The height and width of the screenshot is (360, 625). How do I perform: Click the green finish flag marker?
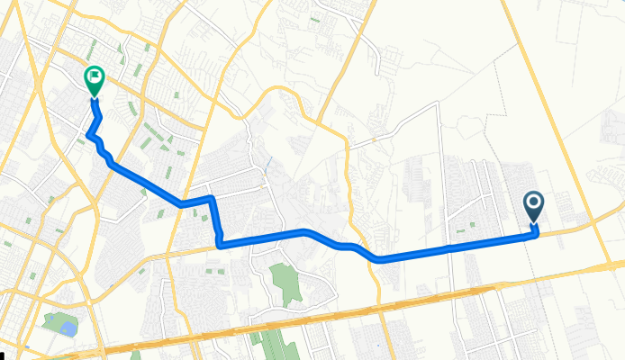[x=94, y=80]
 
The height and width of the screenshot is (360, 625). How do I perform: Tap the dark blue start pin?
[x=533, y=206]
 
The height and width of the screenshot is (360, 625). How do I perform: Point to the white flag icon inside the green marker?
[x=94, y=77]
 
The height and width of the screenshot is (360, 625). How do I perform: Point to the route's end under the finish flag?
[x=93, y=101]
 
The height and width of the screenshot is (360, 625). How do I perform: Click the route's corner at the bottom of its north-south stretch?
[x=220, y=244]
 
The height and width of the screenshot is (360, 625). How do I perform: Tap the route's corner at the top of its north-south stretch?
[x=211, y=198]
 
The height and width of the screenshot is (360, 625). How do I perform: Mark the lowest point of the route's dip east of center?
[x=379, y=259]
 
